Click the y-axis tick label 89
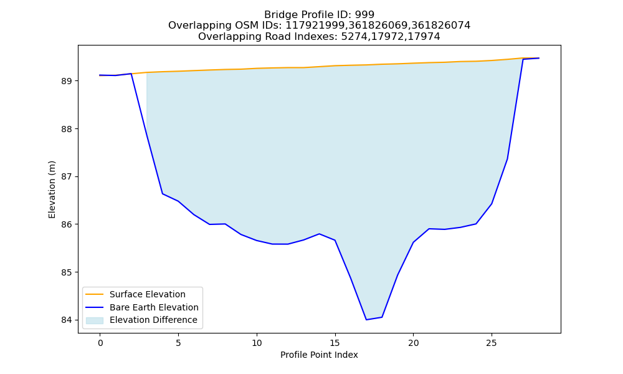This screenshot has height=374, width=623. pos(67,81)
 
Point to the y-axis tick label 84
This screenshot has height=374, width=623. pos(67,320)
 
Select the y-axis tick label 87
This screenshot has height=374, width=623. pos(67,177)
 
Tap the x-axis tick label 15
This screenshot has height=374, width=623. pos(335,343)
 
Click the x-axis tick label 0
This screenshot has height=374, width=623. pos(100,343)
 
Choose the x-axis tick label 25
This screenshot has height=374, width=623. pos(492,343)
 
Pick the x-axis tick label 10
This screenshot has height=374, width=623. pos(257,343)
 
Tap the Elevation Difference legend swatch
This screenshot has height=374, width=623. pos(95,320)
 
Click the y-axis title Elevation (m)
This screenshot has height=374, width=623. pos(52,189)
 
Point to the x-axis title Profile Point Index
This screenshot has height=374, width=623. pos(319,355)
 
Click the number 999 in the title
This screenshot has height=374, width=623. pos(364,15)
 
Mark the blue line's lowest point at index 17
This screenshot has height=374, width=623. pos(366,320)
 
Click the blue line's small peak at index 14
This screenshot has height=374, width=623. pos(320,234)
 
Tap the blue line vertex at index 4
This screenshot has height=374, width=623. pos(163,194)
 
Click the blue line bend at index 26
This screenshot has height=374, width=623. pos(507,159)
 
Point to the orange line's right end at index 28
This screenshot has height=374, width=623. pos(539,58)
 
